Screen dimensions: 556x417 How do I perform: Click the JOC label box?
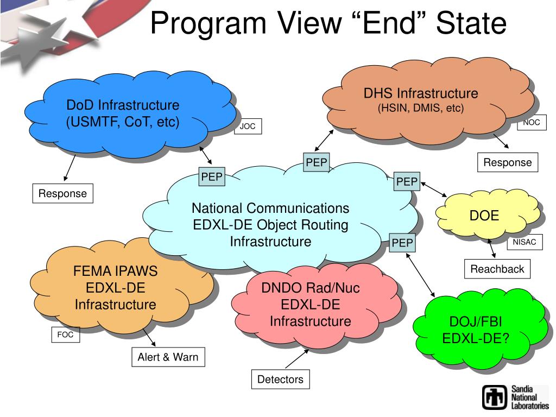click(x=248, y=127)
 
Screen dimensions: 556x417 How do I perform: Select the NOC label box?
click(x=532, y=123)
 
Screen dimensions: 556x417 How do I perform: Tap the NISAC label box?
click(x=525, y=243)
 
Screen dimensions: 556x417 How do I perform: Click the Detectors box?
click(x=280, y=380)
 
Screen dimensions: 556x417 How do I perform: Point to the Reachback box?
click(x=497, y=269)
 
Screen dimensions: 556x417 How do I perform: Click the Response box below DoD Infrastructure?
click(x=62, y=194)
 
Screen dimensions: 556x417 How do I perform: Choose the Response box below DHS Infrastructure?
click(x=508, y=162)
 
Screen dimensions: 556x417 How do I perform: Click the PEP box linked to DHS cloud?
click(x=316, y=162)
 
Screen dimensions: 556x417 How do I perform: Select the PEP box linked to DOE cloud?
click(x=407, y=181)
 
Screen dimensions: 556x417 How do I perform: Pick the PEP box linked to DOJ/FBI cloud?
click(x=402, y=243)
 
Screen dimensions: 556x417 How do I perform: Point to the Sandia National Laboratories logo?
click(x=515, y=397)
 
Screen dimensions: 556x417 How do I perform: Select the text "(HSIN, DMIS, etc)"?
click(x=421, y=108)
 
